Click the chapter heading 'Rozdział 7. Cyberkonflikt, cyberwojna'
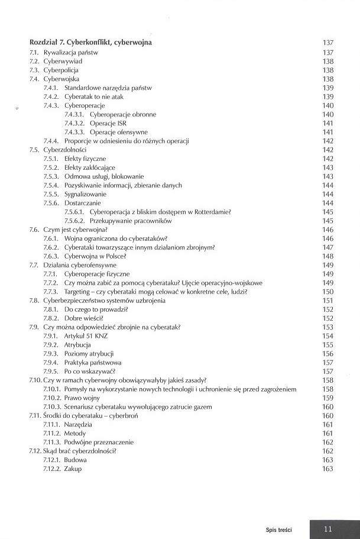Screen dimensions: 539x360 point(90,43)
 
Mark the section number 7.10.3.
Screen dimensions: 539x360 point(51,406)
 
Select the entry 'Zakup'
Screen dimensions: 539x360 point(74,469)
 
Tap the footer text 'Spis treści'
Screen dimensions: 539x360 point(279,528)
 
